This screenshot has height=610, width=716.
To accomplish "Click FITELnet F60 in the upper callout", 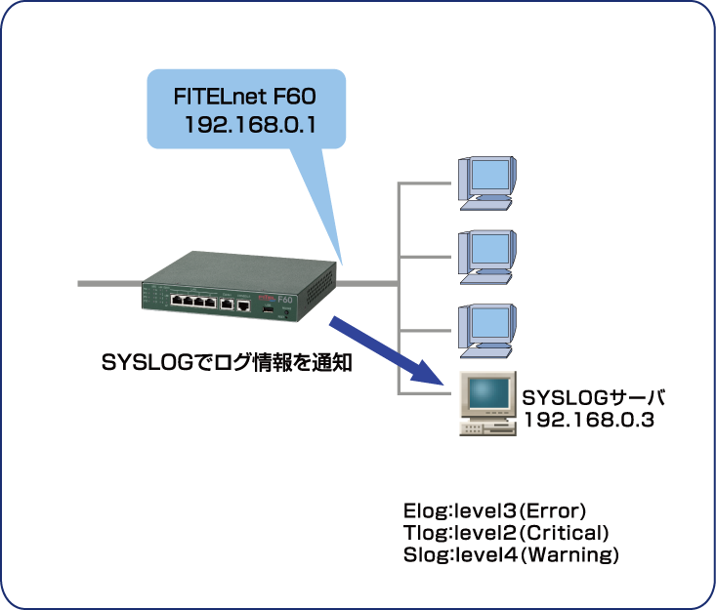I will click(x=245, y=98).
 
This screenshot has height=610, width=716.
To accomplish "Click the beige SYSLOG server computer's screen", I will click(x=486, y=392).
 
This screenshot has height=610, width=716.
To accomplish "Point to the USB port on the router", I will click(x=266, y=308).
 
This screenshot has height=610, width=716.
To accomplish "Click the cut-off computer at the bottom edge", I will click(x=486, y=601).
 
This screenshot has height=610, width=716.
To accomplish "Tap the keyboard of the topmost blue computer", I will click(x=485, y=205).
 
